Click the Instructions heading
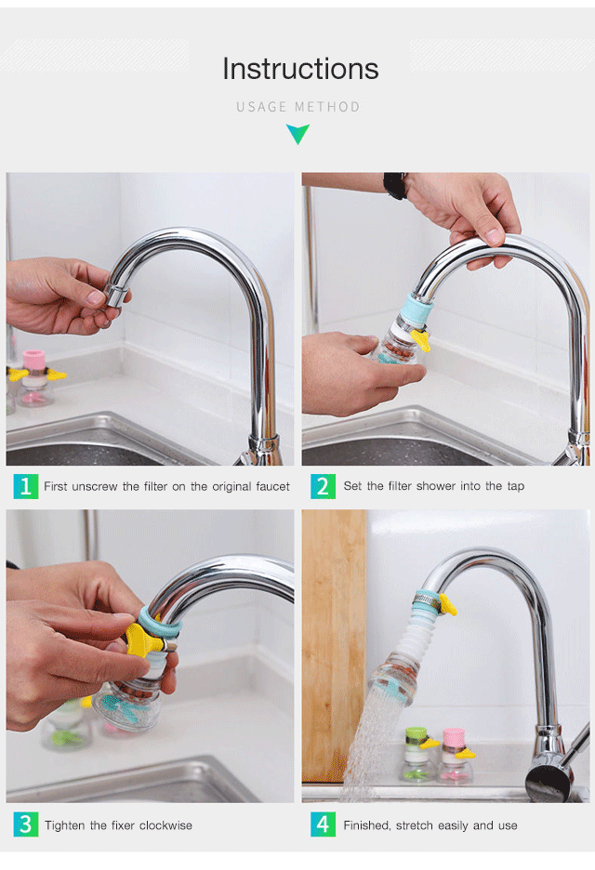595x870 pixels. [300, 69]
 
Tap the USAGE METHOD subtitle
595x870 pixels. [298, 107]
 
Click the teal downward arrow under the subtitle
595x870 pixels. [298, 134]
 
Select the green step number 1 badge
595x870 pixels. [25, 486]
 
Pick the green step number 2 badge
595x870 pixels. [323, 486]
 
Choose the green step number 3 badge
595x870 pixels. [25, 824]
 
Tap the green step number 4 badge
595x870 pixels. [323, 824]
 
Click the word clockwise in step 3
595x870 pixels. [166, 825]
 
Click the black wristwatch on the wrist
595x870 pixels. [394, 185]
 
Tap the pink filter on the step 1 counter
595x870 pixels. [35, 378]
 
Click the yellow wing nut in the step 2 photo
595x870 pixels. [421, 338]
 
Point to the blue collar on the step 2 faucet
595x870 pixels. [417, 308]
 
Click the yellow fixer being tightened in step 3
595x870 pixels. [142, 639]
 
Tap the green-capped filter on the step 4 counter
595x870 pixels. [416, 754]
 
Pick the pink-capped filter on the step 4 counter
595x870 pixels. [456, 755]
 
